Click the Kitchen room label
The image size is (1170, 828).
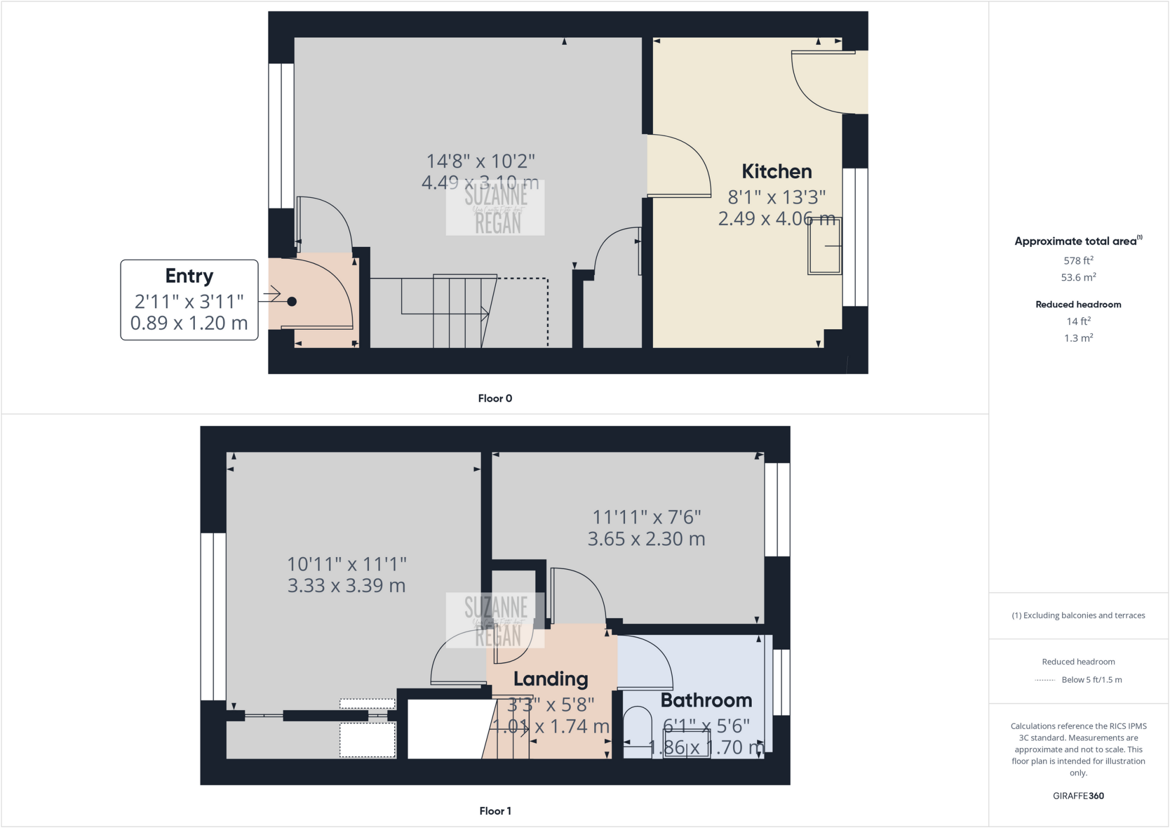776,171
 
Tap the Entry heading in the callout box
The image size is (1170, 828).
189,276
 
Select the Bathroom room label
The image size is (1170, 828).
706,701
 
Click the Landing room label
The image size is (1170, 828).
550,679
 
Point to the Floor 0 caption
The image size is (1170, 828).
495,398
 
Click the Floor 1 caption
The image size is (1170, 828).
495,811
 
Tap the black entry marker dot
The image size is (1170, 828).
292,302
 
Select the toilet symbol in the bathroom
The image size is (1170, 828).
637,731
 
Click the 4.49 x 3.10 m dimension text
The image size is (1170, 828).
480,183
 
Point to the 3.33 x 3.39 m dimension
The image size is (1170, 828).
346,586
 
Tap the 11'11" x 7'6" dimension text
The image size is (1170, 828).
646,517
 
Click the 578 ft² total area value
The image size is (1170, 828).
1078,261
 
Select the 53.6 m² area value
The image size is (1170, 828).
1078,278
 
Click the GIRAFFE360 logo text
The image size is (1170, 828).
1078,795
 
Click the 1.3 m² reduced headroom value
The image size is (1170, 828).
1078,338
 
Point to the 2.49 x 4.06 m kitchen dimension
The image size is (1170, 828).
776,218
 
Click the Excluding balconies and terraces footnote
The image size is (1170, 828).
1078,615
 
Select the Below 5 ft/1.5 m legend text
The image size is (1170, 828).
1091,680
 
